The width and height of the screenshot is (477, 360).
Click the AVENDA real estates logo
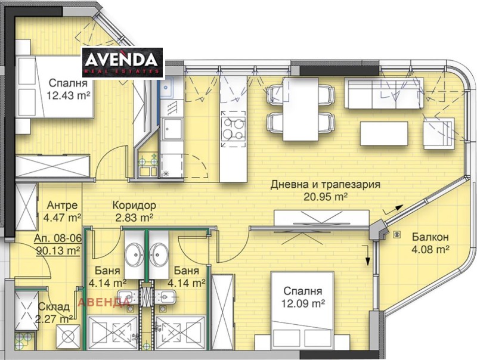(x=123, y=63)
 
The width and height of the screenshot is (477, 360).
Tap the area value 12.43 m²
(x=69, y=96)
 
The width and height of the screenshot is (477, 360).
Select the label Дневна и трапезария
(x=326, y=185)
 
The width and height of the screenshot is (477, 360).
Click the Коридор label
(x=134, y=205)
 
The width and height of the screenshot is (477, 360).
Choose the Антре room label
(x=62, y=205)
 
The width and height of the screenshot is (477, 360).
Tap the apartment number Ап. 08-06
(x=58, y=238)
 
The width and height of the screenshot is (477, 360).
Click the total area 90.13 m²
(x=58, y=250)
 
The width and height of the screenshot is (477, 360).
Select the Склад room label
(x=54, y=307)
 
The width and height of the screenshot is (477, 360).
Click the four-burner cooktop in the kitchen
(x=233, y=128)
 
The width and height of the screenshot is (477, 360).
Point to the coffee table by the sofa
(x=384, y=134)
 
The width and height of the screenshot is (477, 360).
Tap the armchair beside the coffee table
(x=439, y=134)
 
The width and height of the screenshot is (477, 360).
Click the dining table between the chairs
(x=301, y=110)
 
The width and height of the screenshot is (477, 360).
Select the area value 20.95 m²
(x=326, y=197)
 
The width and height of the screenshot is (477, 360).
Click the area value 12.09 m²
(x=303, y=303)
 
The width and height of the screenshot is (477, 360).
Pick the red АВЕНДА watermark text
(x=104, y=302)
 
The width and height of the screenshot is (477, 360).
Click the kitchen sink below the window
(x=166, y=87)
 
